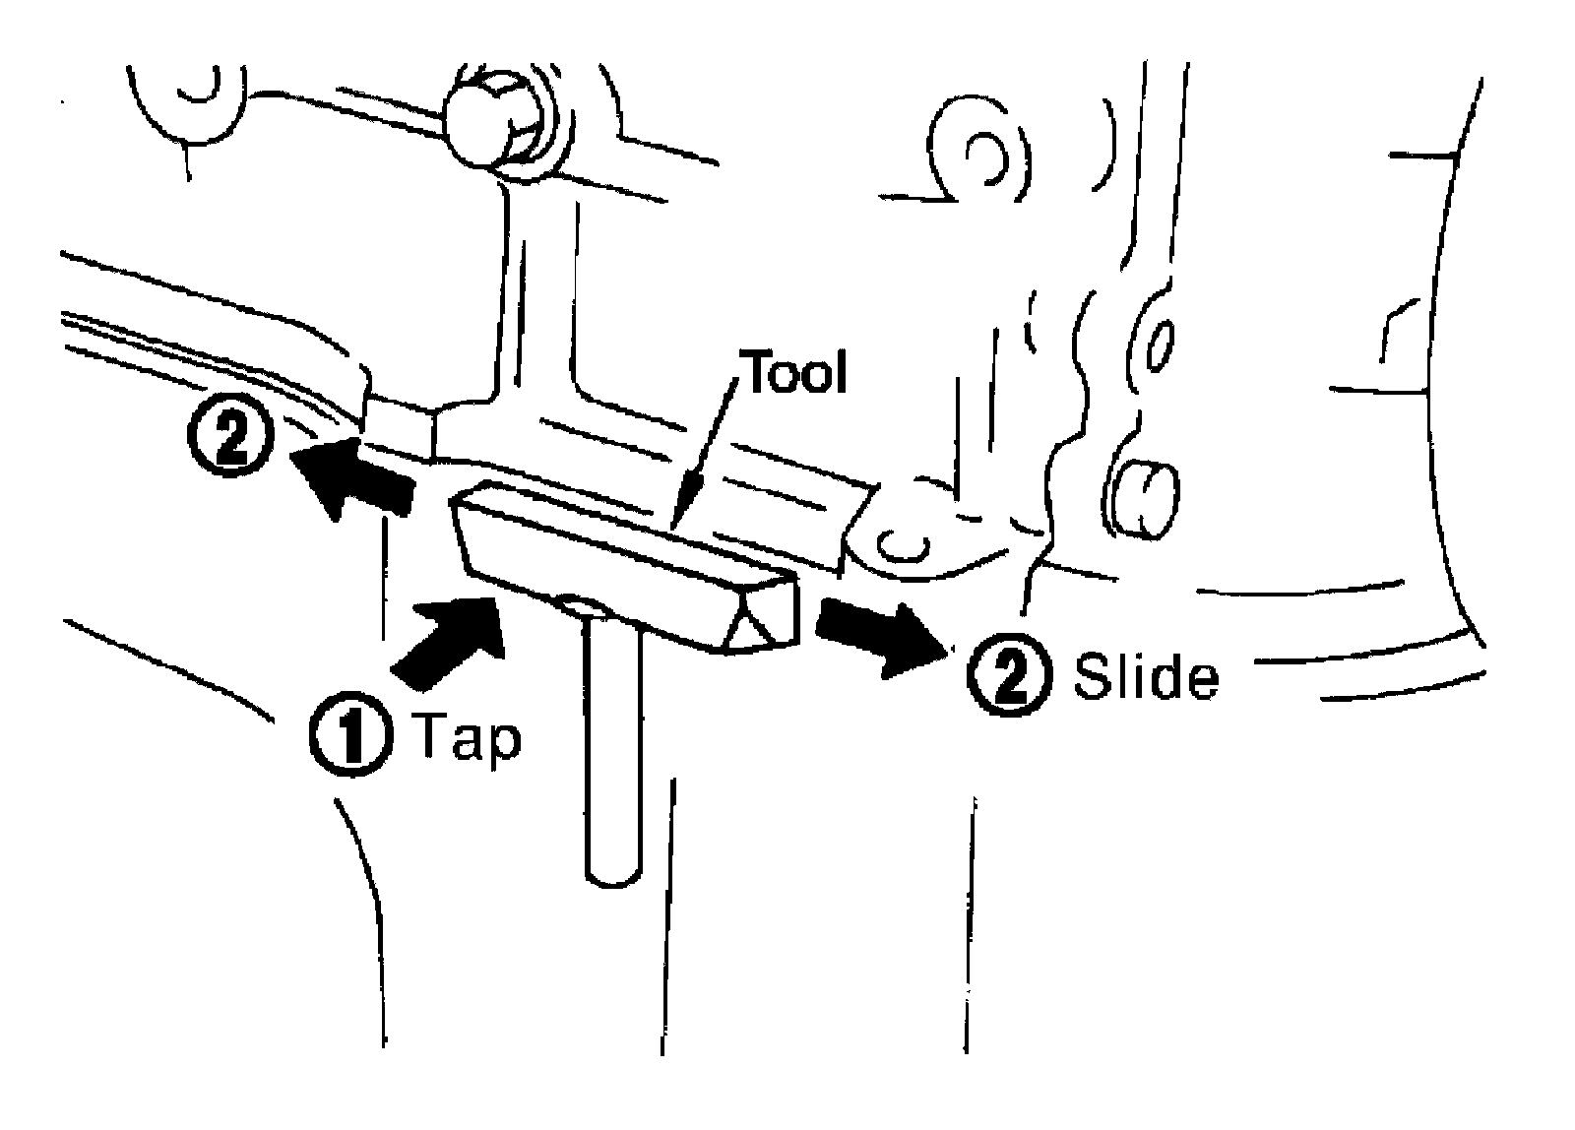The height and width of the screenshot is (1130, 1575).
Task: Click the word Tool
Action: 796,373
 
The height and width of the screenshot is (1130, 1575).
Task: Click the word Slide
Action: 1145,678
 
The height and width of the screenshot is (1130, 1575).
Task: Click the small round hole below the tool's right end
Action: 902,542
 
